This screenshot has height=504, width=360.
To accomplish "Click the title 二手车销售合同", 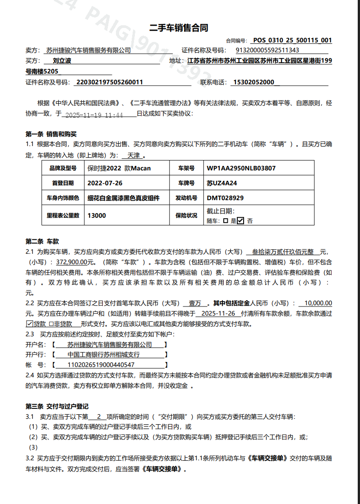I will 179,28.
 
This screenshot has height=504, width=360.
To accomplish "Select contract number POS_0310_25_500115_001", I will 292,40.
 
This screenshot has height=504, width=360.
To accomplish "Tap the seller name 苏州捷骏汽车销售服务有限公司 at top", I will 88,50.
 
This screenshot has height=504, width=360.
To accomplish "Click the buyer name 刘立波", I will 62,60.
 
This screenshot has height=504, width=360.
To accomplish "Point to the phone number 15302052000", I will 254,82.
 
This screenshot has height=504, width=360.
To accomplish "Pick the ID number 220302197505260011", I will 110,82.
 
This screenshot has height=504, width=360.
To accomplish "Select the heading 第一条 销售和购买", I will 51,134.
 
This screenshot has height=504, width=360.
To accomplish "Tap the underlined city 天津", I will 134,156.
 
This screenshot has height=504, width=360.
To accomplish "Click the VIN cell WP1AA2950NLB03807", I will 241,169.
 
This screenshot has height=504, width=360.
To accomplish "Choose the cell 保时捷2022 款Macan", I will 119,169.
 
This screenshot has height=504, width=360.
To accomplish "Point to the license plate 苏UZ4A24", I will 222,183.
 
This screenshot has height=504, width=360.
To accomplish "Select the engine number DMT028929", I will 225,198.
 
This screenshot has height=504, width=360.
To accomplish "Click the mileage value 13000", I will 97,215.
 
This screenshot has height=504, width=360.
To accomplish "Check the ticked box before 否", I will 240,221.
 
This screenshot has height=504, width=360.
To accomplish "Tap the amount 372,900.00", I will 74,262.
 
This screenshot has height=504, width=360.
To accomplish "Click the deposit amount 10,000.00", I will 318,303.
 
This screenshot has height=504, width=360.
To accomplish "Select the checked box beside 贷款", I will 30,324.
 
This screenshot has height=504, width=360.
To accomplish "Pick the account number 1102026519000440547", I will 101,365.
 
